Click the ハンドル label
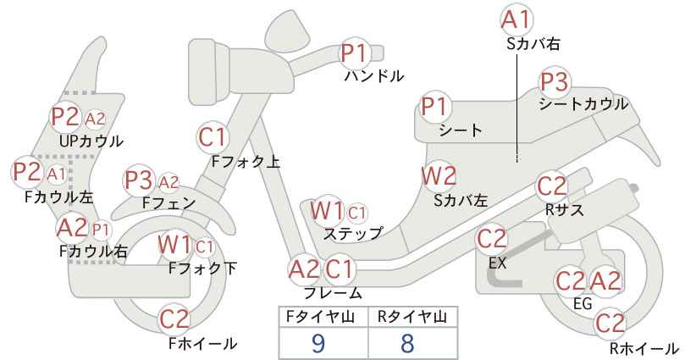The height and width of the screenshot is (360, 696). (x=374, y=76)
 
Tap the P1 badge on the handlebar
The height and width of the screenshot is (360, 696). (x=355, y=53)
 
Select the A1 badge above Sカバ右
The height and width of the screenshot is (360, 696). (x=516, y=20)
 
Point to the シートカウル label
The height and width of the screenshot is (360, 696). (x=583, y=104)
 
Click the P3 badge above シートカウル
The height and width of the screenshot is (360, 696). (x=554, y=82)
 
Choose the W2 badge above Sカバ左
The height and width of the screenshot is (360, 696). (x=439, y=176)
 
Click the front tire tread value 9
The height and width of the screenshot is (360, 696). (x=318, y=343)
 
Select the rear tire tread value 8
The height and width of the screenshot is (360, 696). (x=407, y=343)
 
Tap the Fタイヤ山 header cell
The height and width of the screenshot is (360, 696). (x=323, y=317)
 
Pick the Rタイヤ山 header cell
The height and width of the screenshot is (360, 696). (x=413, y=317)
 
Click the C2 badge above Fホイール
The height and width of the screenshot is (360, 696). (x=174, y=318)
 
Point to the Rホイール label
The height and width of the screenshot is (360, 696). (x=644, y=348)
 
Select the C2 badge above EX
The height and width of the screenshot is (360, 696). (x=491, y=239)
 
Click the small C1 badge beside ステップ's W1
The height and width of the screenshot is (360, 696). (x=357, y=213)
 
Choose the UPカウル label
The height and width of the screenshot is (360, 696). (x=91, y=141)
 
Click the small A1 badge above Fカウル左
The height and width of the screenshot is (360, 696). (x=57, y=174)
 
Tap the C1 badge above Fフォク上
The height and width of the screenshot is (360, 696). (x=213, y=136)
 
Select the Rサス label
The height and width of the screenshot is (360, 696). (x=564, y=210)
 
